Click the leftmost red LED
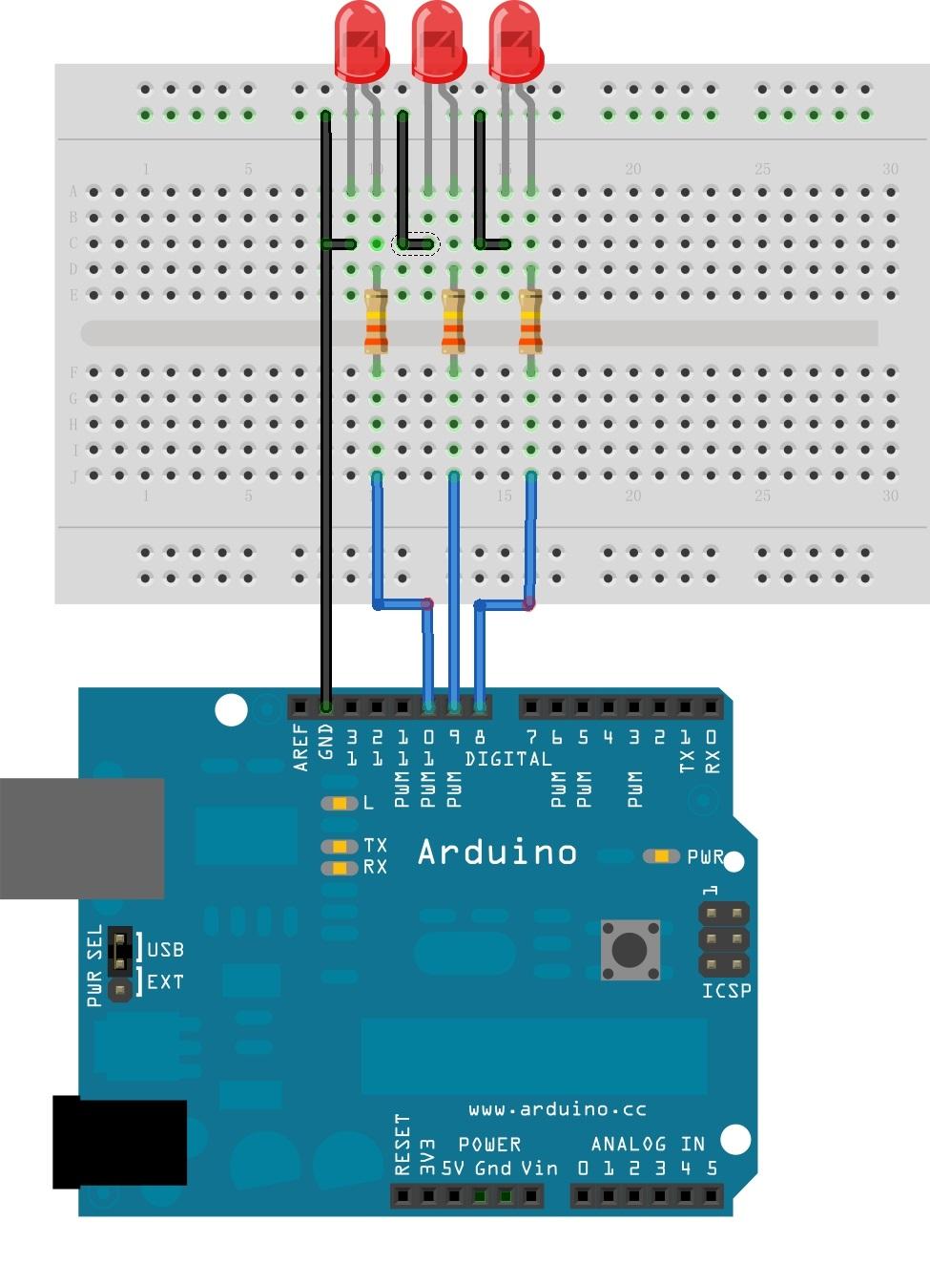[x=361, y=40]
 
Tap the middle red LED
[x=438, y=40]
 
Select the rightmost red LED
[x=515, y=40]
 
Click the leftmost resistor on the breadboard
[x=377, y=322]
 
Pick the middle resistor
[x=453, y=322]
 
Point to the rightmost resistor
[x=530, y=322]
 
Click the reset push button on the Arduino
[x=630, y=950]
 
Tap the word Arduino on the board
[x=497, y=852]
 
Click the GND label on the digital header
[x=325, y=743]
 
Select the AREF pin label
[x=301, y=747]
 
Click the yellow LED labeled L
[x=339, y=803]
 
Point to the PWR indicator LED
[x=661, y=856]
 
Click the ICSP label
[x=726, y=991]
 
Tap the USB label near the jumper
[x=165, y=950]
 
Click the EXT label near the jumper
[x=165, y=981]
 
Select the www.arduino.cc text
[x=557, y=1109]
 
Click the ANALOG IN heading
[x=647, y=1144]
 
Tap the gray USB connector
[x=81, y=838]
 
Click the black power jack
[x=118, y=1143]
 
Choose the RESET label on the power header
[x=403, y=1145]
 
